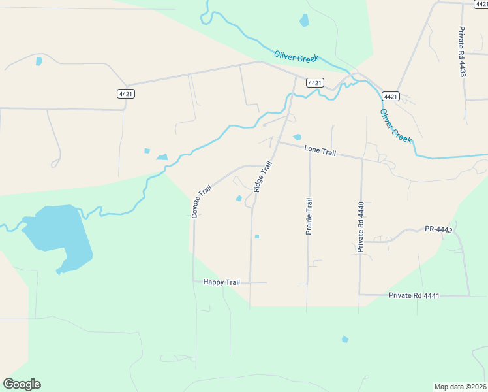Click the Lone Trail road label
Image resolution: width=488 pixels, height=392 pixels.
320,152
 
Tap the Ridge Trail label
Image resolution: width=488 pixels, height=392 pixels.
262,176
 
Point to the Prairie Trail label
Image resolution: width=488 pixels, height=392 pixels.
309,218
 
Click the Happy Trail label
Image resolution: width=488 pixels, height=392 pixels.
222,282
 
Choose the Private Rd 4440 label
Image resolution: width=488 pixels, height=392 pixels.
360,227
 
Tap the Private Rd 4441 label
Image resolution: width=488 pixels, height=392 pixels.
414,295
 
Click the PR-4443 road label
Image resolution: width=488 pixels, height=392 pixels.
438,229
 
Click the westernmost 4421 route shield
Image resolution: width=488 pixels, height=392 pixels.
126,94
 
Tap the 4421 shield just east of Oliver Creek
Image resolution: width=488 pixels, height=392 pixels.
390,96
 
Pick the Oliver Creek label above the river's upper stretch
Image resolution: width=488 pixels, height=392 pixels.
296,57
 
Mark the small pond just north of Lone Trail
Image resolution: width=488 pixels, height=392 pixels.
297,137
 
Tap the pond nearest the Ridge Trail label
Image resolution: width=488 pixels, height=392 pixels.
239,199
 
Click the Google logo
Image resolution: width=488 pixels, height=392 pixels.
22,384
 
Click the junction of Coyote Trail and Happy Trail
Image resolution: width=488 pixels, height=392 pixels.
194,282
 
